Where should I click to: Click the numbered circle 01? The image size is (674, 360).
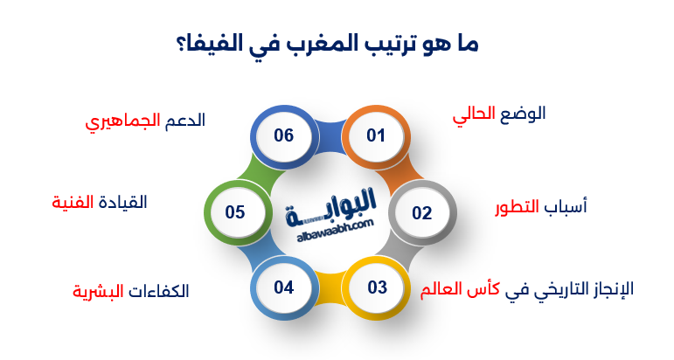coord(375,135)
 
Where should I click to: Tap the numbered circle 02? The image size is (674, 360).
coord(421,212)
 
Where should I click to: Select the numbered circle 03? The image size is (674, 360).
coord(377,287)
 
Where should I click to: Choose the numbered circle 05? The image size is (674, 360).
coord(235,212)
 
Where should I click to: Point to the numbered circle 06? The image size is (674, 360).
coord(283,135)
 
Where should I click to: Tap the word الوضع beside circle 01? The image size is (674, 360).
coord(523,114)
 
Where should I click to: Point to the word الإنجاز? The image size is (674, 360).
coord(606,289)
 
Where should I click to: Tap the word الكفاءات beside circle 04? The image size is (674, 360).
coord(157,291)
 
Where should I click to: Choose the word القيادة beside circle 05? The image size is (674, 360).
coord(122,202)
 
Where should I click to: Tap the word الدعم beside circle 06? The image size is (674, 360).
coord(184,121)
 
